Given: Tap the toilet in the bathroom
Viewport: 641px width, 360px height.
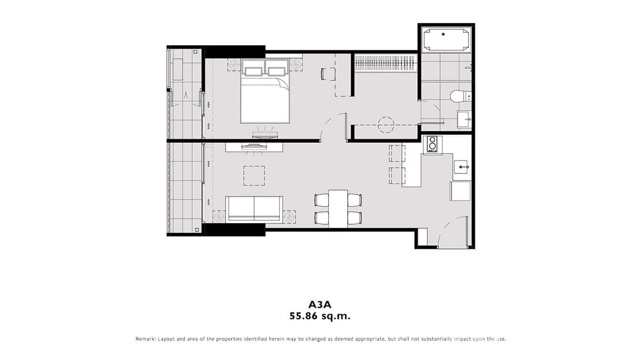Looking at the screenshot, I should click(x=459, y=96).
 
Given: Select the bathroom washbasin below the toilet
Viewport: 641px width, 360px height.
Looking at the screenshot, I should click(x=463, y=119).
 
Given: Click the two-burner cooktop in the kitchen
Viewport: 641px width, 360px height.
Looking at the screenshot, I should click(x=433, y=144).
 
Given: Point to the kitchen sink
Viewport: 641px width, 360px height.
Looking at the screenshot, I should click(x=461, y=167).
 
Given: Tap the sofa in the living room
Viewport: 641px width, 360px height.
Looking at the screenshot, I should click(x=254, y=208).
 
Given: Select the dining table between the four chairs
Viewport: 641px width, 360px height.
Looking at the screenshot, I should click(x=338, y=208).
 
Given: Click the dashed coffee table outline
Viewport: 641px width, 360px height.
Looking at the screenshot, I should click(x=254, y=175).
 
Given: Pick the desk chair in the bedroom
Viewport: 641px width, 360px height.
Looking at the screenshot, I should click(x=327, y=74).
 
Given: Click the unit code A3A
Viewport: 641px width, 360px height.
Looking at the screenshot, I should click(x=320, y=304).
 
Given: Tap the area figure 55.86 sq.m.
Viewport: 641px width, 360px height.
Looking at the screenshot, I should click(x=320, y=316).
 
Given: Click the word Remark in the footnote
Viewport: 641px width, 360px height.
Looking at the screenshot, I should click(x=145, y=339).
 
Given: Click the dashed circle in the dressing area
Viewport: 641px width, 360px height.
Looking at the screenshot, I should click(x=386, y=125).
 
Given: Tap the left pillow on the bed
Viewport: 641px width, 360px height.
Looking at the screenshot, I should click(x=253, y=70).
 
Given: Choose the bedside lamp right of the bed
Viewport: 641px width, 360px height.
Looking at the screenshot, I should click(x=296, y=64).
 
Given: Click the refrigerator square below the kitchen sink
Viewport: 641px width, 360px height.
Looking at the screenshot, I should click(x=460, y=191).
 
